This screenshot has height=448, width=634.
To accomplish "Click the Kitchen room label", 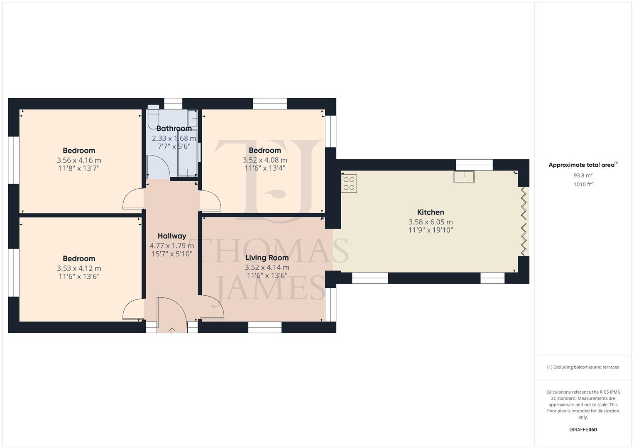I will (x=431, y=212).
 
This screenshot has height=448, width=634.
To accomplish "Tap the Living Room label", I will (x=267, y=258).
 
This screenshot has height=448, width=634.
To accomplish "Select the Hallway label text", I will (x=172, y=236).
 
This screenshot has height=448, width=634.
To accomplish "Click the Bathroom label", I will (x=174, y=129).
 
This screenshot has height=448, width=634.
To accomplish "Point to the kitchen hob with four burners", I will (x=349, y=183).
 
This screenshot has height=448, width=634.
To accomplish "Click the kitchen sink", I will (x=464, y=177).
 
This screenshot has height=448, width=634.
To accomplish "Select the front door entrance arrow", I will (x=172, y=330).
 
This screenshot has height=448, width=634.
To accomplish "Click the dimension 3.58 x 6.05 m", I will (x=431, y=222).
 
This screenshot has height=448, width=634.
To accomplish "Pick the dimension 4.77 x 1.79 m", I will (x=172, y=246).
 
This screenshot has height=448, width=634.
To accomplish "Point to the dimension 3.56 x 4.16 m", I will (x=79, y=160).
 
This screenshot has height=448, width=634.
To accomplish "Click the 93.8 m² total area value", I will (x=583, y=175).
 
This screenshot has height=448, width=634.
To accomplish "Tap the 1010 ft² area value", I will (x=583, y=185).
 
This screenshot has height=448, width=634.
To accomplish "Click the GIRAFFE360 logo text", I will (x=583, y=429).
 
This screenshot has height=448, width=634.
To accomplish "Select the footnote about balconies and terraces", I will (x=583, y=367).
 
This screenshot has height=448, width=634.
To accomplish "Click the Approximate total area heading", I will (x=583, y=165).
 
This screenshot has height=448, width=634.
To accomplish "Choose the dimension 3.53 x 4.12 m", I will (x=79, y=268).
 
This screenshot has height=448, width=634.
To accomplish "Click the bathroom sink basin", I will (x=193, y=118).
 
